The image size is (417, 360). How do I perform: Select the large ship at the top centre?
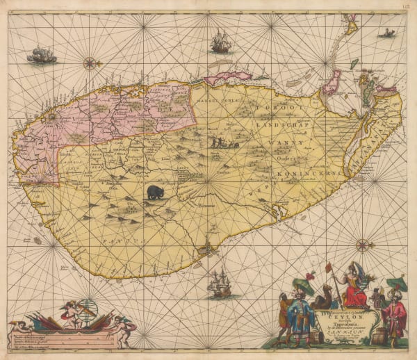(220, 42)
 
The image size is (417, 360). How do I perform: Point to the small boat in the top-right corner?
(387, 33)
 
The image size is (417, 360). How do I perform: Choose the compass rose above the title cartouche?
(361, 245)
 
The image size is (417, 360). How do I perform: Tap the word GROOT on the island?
(286, 108)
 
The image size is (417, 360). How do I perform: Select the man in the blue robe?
(300, 316)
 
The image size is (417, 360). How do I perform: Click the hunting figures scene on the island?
(224, 144)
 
